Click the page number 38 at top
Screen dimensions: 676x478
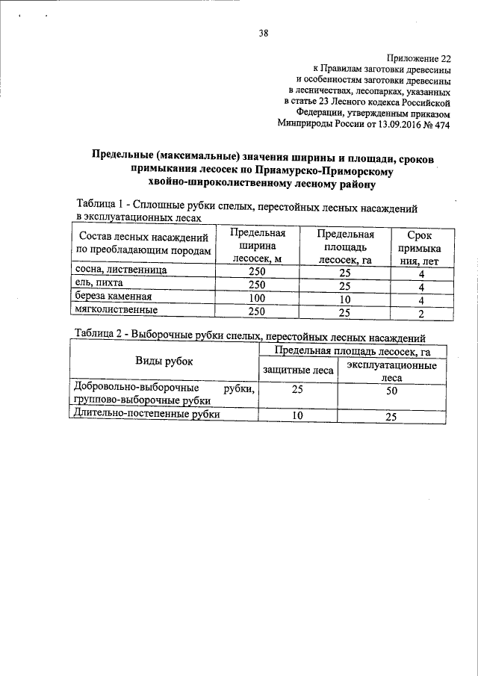264,33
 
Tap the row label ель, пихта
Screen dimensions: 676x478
97,284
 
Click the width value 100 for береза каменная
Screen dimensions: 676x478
257,299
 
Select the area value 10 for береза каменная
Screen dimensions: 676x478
344,300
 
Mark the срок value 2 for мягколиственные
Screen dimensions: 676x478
421,313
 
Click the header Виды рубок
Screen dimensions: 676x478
164,362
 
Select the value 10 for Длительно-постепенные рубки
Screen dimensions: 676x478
297,417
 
